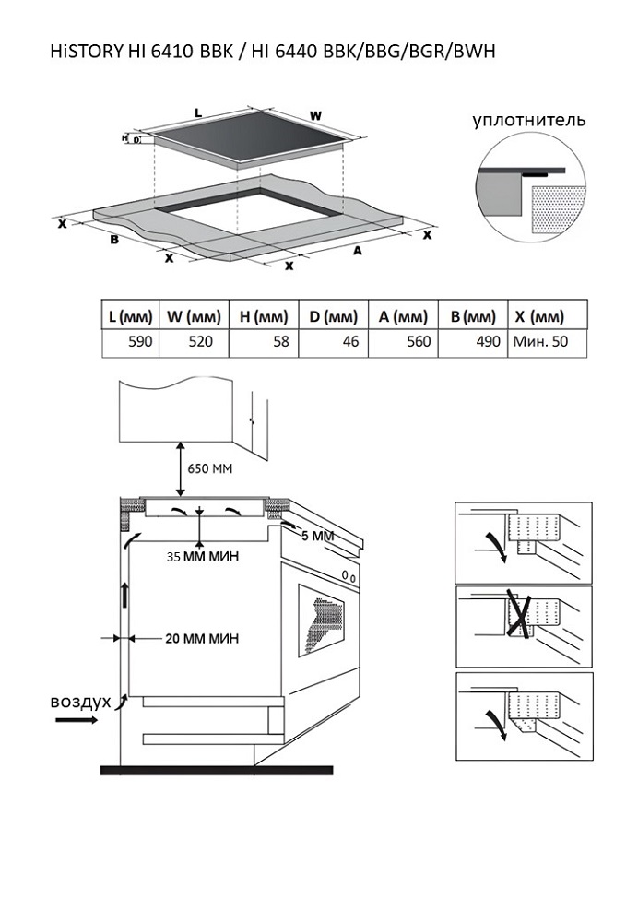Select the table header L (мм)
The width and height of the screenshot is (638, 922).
129,316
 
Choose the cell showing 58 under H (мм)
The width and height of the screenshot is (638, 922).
279,342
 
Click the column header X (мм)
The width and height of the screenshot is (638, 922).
538,316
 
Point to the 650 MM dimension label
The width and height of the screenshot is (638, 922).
210,468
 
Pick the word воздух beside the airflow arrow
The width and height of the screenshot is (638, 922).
80,702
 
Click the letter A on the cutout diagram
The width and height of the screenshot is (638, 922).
356,250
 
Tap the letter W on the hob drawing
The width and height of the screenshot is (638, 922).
315,116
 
